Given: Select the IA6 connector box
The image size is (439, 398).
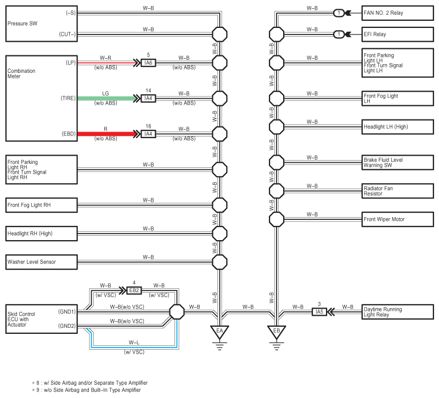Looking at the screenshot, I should pyautogui.click(x=148, y=63).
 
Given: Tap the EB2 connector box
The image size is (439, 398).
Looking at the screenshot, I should pyautogui.click(x=134, y=291).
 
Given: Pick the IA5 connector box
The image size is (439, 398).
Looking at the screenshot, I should pyautogui.click(x=319, y=312).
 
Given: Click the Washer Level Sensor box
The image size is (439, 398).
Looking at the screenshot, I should pyautogui.click(x=41, y=262).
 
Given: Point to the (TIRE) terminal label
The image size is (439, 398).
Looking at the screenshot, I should pyautogui.click(x=68, y=99).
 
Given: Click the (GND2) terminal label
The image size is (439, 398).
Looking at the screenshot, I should pyautogui.click(x=67, y=325).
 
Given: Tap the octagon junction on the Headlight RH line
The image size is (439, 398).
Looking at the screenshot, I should pyautogui.click(x=219, y=234).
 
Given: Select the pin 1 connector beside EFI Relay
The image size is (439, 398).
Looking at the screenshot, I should pyautogui.click(x=340, y=34).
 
